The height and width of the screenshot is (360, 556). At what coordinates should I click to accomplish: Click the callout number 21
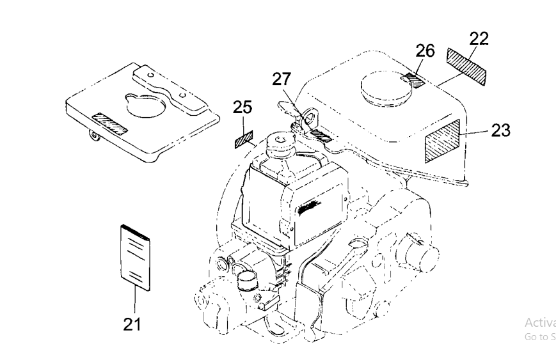tap(131, 324)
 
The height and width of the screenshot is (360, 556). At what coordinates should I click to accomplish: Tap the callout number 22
tap(478, 38)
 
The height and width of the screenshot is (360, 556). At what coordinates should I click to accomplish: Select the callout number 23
tap(501, 131)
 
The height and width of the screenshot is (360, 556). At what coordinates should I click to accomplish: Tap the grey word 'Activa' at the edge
tap(539, 322)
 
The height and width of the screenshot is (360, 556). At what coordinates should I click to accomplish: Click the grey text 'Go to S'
tap(539, 337)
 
